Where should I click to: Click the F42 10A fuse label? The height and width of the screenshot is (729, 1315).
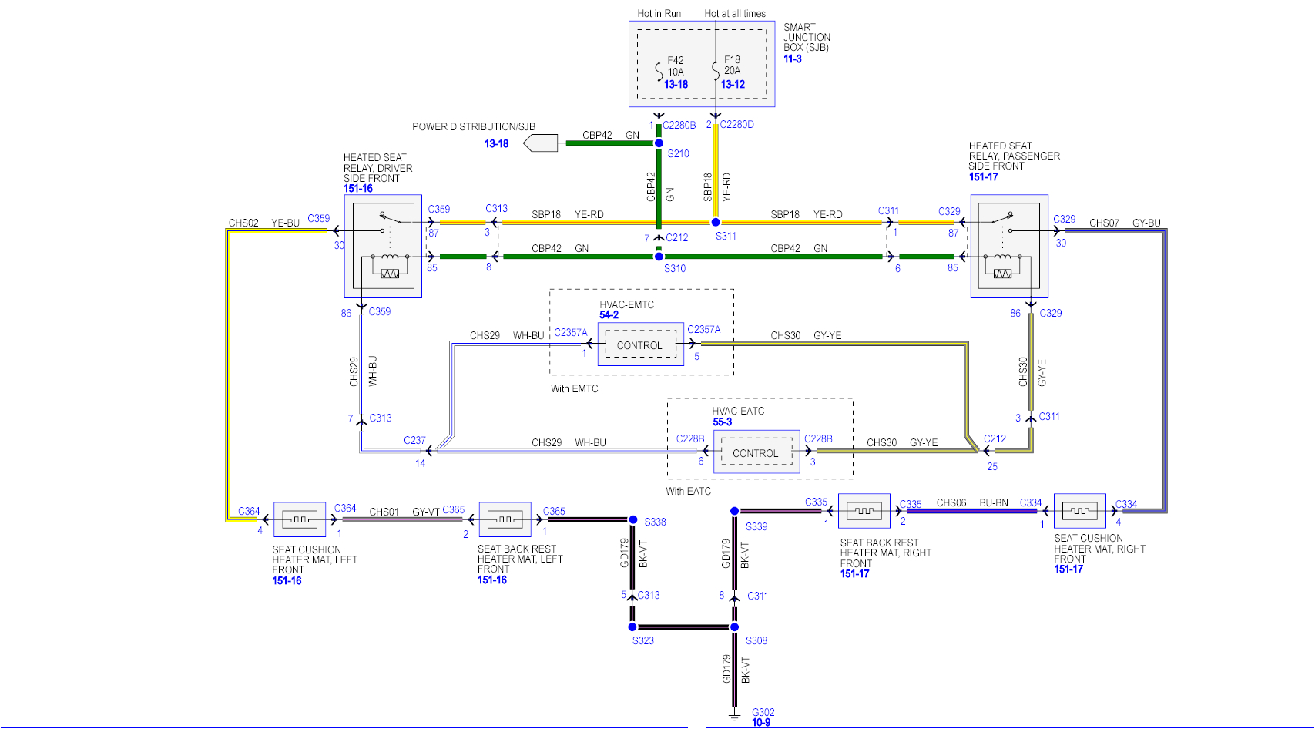[675, 66]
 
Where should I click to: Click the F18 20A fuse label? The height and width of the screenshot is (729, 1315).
[732, 65]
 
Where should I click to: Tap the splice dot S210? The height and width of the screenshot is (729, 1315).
[659, 143]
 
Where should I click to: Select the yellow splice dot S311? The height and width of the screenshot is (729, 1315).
[716, 222]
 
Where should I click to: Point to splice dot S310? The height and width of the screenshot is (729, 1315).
[659, 257]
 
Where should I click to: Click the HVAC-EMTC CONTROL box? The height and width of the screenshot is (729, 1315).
[639, 345]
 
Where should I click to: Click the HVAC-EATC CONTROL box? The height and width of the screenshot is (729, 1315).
[755, 453]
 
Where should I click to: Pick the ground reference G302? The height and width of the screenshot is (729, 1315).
[763, 712]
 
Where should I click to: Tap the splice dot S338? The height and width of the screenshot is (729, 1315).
[633, 520]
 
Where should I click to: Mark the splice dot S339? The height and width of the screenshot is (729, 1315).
[735, 511]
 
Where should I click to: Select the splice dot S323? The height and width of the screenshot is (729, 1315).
[632, 627]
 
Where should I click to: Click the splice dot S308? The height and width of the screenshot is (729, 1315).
[735, 627]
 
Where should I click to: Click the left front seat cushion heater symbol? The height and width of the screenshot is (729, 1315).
[300, 519]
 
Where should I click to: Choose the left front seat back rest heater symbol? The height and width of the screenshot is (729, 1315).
[505, 519]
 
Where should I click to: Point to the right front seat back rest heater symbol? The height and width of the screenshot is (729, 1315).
[864, 511]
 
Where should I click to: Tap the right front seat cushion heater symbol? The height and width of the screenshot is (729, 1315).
[1080, 511]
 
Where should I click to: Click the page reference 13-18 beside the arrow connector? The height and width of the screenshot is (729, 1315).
[496, 143]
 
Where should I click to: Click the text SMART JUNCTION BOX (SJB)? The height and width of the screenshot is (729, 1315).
[807, 37]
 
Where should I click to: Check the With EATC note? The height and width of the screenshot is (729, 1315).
[688, 491]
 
